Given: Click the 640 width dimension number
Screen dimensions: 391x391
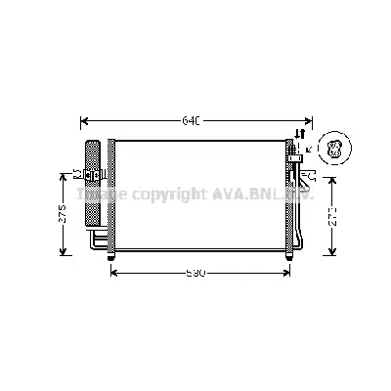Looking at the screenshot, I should click(x=191, y=121).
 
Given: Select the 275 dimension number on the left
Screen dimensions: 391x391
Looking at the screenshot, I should click(x=63, y=214).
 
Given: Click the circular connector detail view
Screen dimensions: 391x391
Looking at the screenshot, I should click(x=333, y=149).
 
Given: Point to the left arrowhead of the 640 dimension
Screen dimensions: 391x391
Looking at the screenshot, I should click(x=82, y=121).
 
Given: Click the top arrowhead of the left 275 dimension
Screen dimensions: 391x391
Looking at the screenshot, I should click(x=63, y=176).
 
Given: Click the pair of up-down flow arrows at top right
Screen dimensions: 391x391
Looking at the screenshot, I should click(x=301, y=134).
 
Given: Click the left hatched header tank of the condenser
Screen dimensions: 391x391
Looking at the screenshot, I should click(x=111, y=195).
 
